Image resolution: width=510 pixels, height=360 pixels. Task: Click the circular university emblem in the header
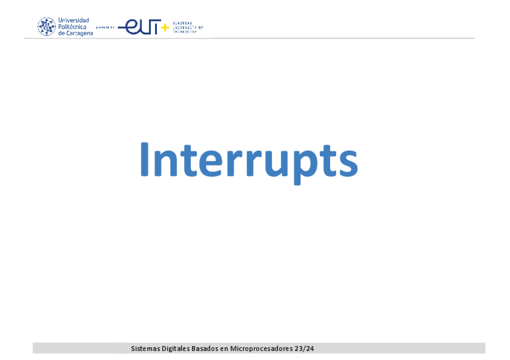click(x=46, y=26)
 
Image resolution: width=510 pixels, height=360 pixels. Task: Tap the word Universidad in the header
click(x=73, y=20)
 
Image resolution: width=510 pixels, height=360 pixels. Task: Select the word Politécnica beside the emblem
click(x=72, y=26)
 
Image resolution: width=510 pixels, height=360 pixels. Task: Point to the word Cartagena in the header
click(x=79, y=33)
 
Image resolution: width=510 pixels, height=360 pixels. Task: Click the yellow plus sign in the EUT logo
click(x=165, y=28)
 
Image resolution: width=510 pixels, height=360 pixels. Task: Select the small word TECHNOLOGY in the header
click(x=185, y=31)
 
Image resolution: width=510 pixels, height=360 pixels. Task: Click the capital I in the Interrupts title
click(x=144, y=160)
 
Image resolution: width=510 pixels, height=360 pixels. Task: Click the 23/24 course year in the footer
click(x=304, y=349)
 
